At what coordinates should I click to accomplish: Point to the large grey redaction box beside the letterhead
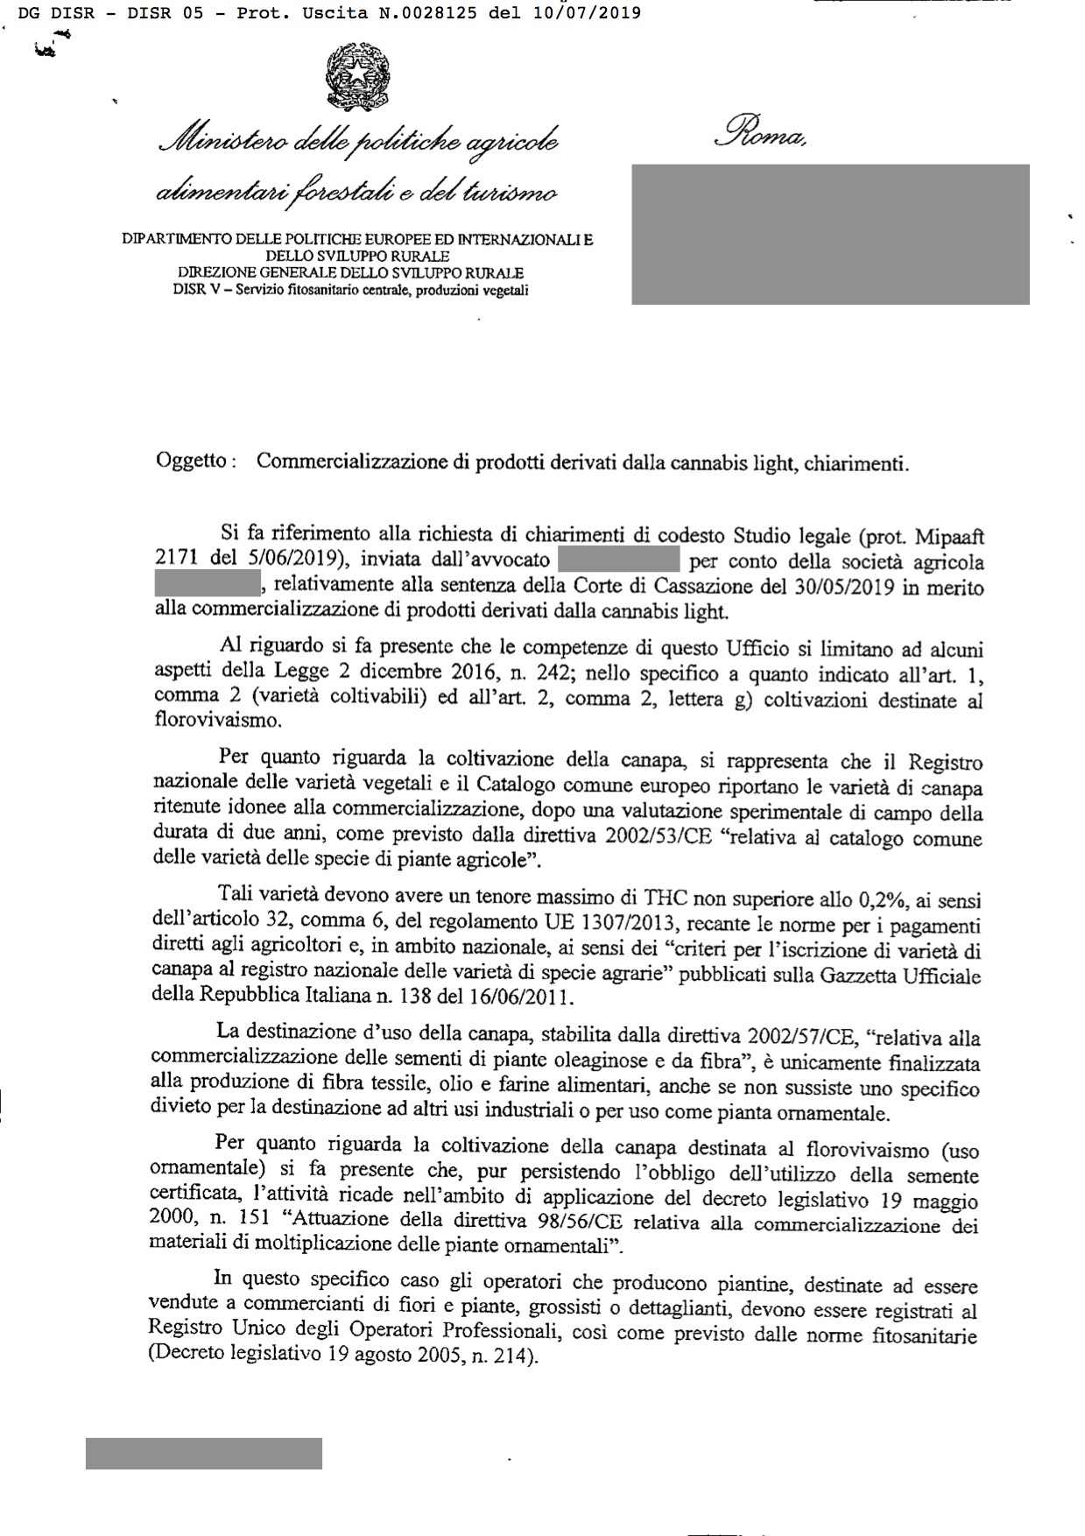click(830, 234)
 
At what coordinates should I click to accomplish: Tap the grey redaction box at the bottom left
click(203, 1453)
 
